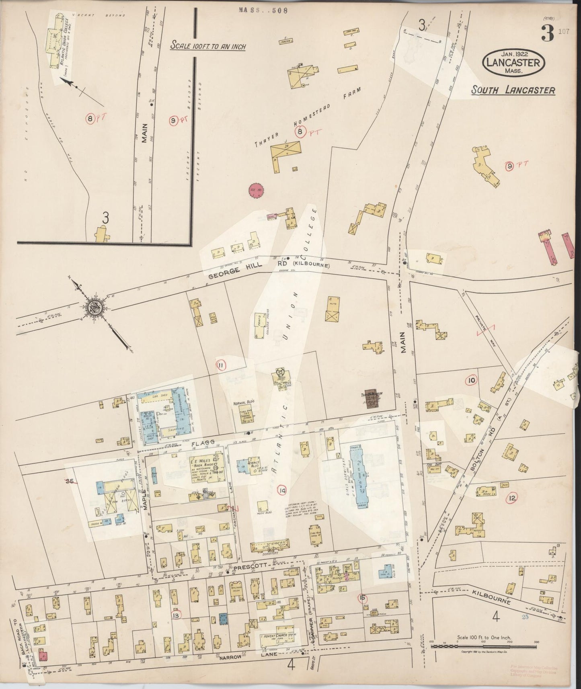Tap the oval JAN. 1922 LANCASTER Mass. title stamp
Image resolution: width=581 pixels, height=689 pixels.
click(514, 63)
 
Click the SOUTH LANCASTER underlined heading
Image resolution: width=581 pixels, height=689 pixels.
click(513, 90)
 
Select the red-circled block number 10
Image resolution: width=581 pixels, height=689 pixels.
click(472, 380)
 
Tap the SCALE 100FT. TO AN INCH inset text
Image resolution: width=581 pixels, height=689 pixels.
click(208, 45)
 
